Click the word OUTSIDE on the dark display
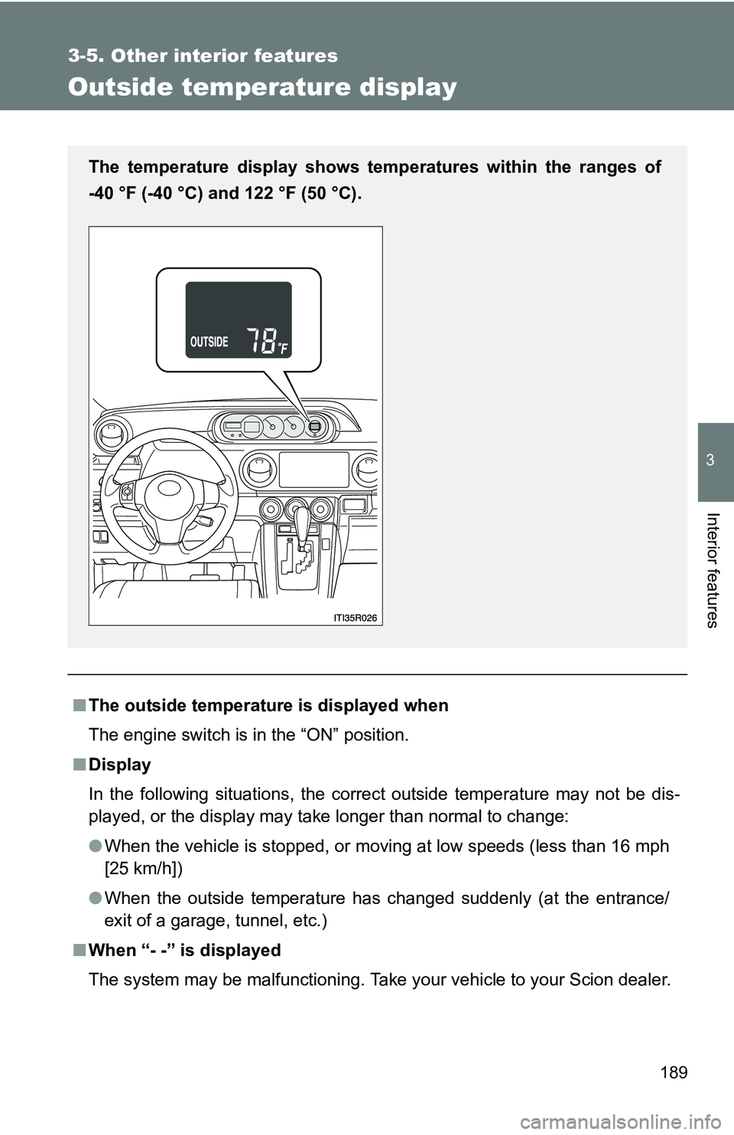tap(209, 342)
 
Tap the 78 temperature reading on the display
tap(261, 340)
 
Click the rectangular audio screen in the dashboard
tap(313, 469)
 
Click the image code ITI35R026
tap(356, 618)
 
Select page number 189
tap(674, 1072)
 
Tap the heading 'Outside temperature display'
tap(262, 87)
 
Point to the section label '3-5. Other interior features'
tap(203, 56)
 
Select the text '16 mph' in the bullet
tap(640, 847)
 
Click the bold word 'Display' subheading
tap(119, 765)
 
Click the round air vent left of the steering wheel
tap(113, 435)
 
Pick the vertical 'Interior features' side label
tap(712, 569)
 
